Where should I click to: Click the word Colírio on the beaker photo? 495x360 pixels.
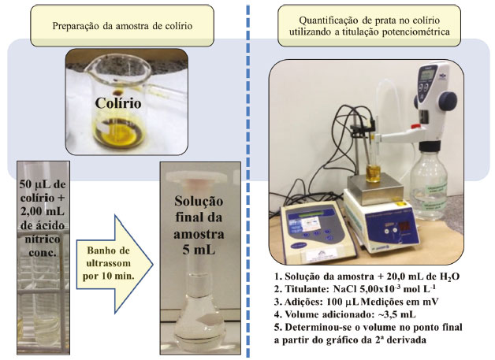point(118,103)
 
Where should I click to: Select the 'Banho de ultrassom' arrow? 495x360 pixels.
point(114,264)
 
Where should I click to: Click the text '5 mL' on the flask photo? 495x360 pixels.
point(199,250)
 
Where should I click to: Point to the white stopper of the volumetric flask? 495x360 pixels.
point(196,177)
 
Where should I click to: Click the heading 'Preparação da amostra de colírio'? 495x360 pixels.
point(122,25)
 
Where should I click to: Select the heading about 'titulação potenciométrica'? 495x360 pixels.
point(369,26)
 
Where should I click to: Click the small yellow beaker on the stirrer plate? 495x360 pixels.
point(374,173)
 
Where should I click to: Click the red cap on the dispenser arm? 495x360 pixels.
point(415,127)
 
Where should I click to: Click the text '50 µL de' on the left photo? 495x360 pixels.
point(43,184)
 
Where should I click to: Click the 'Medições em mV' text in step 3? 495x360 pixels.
point(400,302)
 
